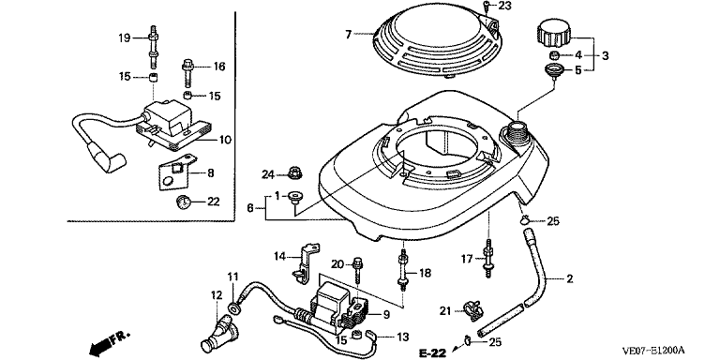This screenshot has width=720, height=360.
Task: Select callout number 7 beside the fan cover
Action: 348,34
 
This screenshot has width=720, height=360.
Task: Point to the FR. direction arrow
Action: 109,342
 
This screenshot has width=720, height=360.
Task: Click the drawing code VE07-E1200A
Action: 653,351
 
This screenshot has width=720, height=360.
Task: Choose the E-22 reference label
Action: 433,352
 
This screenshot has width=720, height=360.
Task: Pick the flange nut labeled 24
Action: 293,173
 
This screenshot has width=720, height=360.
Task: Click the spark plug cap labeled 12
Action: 219,332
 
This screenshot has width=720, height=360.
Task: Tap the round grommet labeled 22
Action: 184,202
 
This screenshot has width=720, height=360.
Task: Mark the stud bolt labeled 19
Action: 153,48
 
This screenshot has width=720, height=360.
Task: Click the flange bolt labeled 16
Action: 187,72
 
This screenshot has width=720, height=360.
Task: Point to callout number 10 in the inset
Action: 225,139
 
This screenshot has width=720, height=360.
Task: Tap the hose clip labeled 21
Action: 473,310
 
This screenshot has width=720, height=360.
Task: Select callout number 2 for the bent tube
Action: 569,278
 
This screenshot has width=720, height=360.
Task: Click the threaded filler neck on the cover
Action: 517,131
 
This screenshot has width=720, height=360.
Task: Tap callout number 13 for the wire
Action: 403,337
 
